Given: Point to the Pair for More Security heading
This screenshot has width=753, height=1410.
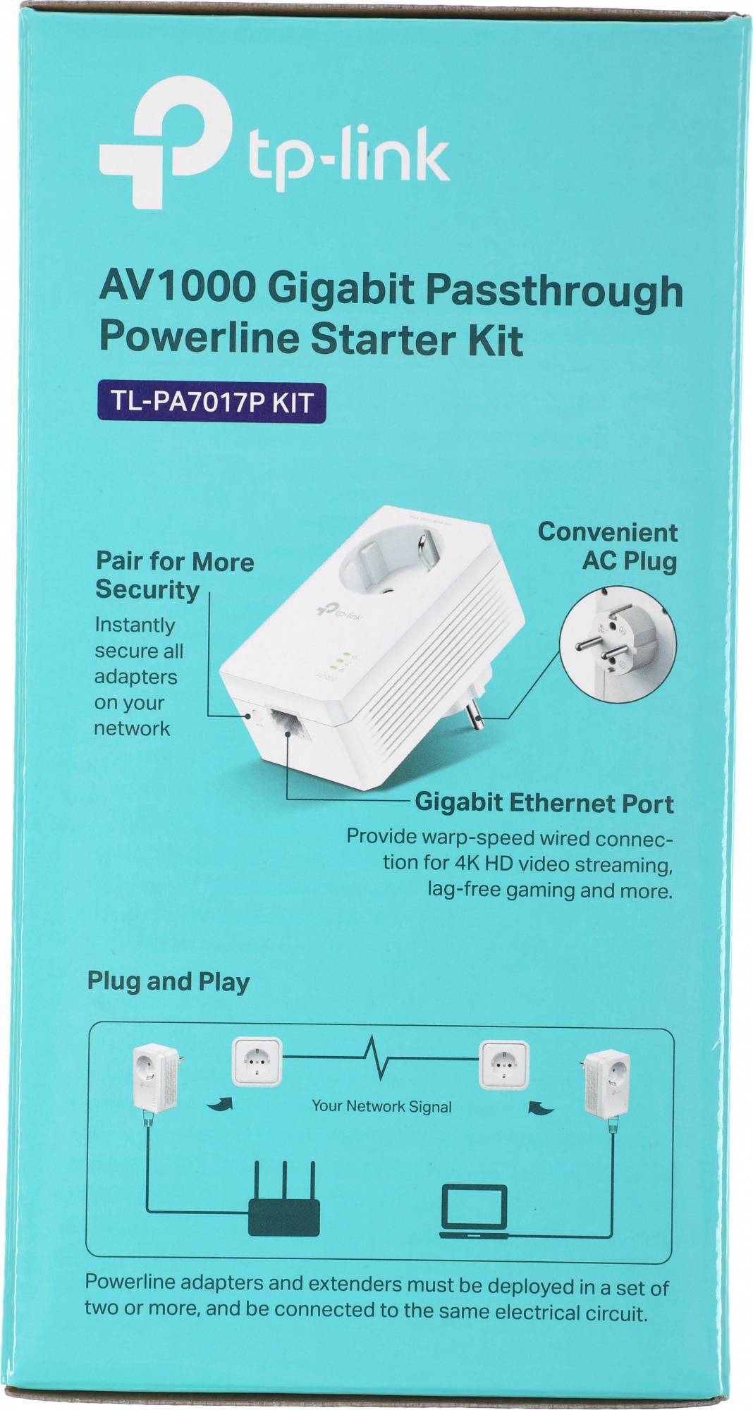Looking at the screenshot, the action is tap(175, 575).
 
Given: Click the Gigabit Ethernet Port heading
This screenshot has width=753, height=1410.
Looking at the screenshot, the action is tap(544, 803).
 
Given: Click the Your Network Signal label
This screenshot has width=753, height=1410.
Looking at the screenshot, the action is tap(381, 1105).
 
